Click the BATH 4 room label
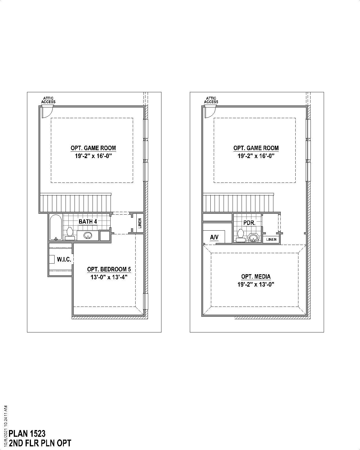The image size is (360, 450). coord(88,222)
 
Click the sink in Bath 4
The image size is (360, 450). coord(88,235)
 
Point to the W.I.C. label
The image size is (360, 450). coord(64,259)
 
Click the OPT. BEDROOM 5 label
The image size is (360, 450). coord(109,269)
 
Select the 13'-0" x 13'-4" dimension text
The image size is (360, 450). coord(109,277)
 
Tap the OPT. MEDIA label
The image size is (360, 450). coord(256,277)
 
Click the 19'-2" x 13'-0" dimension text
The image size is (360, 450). coord(256,284)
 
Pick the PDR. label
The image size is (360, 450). coord(249,223)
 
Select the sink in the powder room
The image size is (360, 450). coord(254,238)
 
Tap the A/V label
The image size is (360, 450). coord(214,238)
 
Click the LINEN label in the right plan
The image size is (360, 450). coord(271,240)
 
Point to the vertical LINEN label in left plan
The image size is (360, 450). coord(140,223)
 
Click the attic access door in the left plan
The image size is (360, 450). coord(46,112)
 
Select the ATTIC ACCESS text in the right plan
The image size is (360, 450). coord(211,100)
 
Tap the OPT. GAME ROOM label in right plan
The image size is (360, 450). coord(256,148)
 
